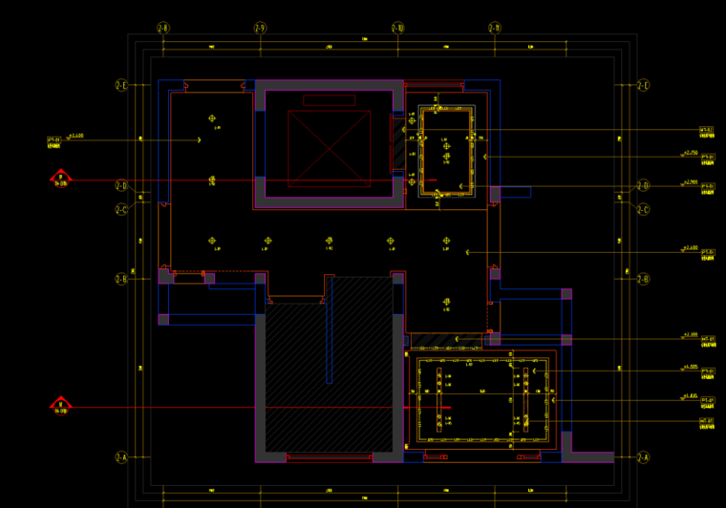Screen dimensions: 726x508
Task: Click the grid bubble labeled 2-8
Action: point(163,29)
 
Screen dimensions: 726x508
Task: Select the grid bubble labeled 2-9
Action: point(260,29)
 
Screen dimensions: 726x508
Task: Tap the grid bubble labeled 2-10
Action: point(398,29)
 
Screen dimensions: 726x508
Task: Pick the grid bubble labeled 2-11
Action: point(495,29)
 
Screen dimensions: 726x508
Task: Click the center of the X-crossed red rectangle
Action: point(329,148)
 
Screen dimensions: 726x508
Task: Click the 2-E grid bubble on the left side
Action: point(121,86)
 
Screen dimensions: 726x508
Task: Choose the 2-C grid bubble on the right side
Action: point(643,209)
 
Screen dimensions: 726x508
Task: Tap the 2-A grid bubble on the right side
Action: point(643,457)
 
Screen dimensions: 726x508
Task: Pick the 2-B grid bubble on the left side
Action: point(121,279)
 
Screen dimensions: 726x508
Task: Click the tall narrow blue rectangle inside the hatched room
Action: point(330,329)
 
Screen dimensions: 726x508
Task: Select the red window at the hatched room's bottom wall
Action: point(330,457)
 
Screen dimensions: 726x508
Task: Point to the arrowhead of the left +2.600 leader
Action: point(199,140)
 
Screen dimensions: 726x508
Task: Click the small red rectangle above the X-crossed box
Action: point(329,100)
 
